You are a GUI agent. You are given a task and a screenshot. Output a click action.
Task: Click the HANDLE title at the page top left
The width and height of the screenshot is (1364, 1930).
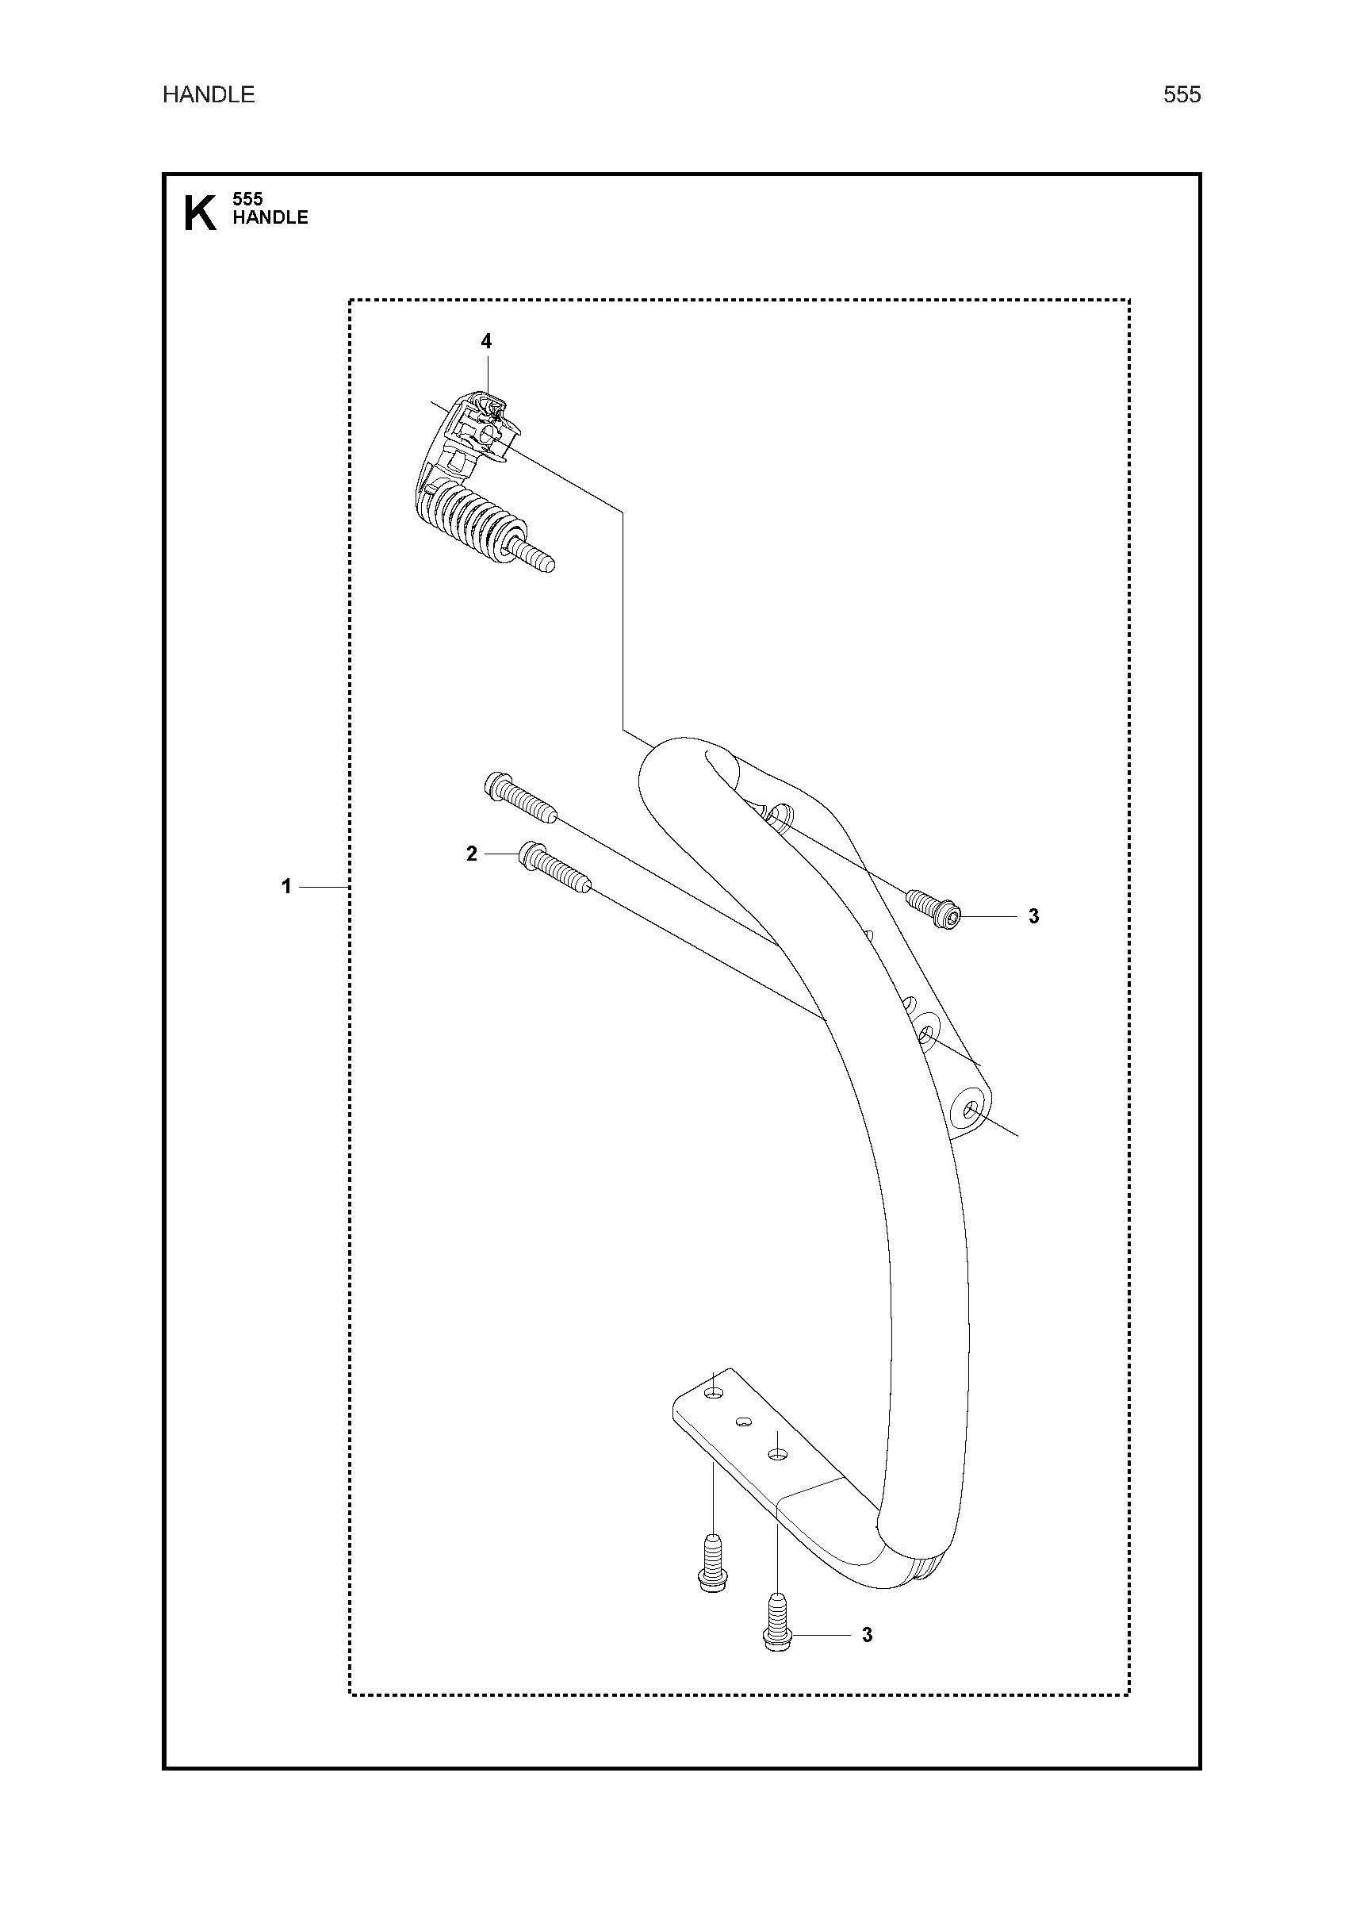[x=209, y=95]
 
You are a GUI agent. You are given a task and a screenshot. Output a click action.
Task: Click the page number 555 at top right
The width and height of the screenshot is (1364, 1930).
[x=1182, y=95]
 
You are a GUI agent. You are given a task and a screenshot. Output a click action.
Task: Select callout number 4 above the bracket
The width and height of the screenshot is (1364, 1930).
[x=486, y=341]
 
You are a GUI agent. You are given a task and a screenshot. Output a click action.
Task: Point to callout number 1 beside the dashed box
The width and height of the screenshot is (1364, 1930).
[x=286, y=886]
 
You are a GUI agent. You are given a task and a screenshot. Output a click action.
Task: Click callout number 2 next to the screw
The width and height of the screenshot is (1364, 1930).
[x=472, y=854]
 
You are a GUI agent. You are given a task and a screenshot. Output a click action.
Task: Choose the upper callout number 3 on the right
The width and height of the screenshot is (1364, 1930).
[x=1034, y=916]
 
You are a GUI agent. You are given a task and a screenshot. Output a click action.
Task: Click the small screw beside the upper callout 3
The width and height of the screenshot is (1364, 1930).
[x=933, y=909]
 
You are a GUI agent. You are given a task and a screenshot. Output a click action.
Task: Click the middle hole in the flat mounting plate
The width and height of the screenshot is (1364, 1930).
[x=743, y=1422]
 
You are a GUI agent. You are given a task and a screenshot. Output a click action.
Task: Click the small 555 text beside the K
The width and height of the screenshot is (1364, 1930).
[x=247, y=199]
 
